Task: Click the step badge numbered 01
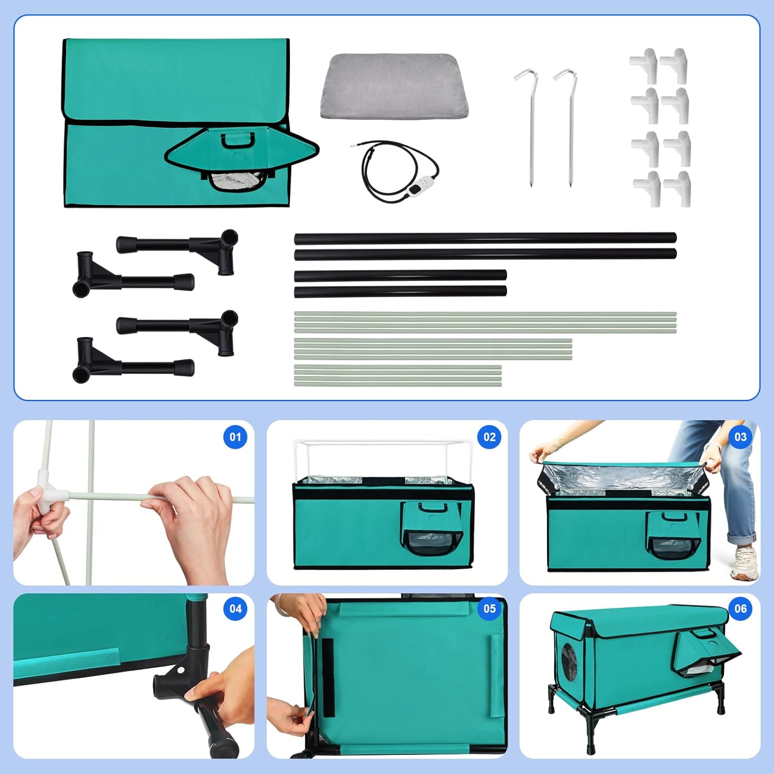235,437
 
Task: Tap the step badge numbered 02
489,437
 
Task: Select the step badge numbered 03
740,437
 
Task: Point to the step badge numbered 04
235,609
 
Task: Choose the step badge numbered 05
489,609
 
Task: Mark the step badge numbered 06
740,609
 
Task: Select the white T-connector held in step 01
52,496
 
